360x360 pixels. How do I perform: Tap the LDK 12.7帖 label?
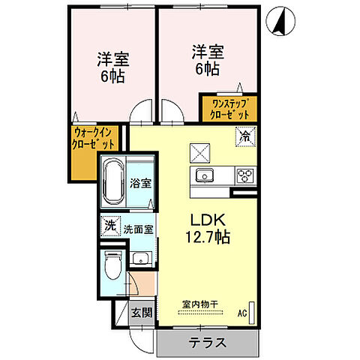click(203, 228)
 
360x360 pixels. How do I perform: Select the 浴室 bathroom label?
click(140, 182)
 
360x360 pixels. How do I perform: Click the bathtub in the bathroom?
click(113, 184)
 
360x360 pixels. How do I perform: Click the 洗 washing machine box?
click(109, 225)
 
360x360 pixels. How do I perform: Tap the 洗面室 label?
click(139, 229)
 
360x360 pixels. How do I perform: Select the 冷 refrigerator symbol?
click(244, 136)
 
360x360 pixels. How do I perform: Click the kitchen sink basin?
click(205, 176)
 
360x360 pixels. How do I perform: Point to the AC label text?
click(242, 312)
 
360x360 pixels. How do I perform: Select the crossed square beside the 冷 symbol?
click(202, 152)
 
